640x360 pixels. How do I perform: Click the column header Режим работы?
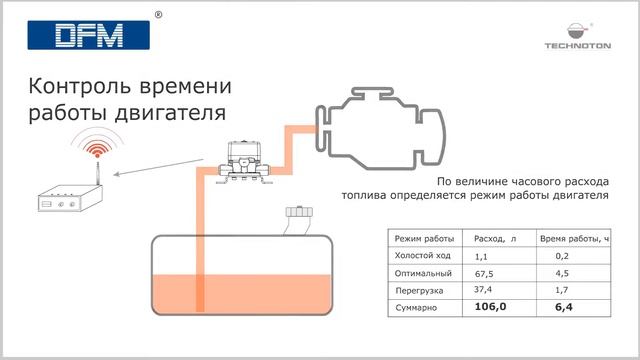424,239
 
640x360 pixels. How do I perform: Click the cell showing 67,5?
486,273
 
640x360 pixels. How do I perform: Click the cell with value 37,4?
486,289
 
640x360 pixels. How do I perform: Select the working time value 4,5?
562,273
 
